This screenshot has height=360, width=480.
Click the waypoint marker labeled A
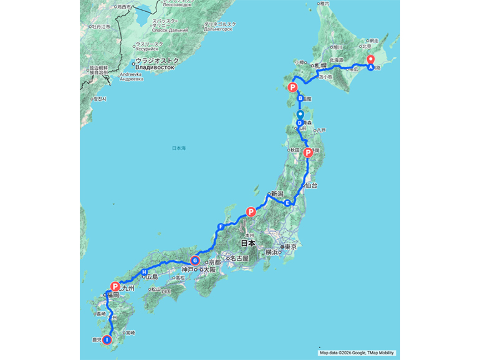coord(371,67)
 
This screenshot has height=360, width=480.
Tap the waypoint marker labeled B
coord(300,98)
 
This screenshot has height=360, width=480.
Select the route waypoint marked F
coord(220,227)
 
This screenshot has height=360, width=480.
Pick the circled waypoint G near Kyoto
coord(195,261)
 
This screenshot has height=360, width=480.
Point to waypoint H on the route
coord(144,273)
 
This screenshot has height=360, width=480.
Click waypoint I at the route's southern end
coord(107,340)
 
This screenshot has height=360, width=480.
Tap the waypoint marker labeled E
coord(287,204)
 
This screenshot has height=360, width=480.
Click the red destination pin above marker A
coord(371,58)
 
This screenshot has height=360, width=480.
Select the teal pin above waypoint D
coord(300,115)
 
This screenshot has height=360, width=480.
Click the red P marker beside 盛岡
coord(308,153)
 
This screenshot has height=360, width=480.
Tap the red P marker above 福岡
coord(115,286)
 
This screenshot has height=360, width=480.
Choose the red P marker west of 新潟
coord(251,212)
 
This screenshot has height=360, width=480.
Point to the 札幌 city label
coord(320,65)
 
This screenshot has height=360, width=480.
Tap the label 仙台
coord(312,186)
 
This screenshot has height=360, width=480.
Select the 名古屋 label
coord(239,258)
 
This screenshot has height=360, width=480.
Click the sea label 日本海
coord(179,148)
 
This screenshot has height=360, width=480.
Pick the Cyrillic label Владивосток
coord(158,67)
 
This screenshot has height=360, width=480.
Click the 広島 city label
coord(151,277)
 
